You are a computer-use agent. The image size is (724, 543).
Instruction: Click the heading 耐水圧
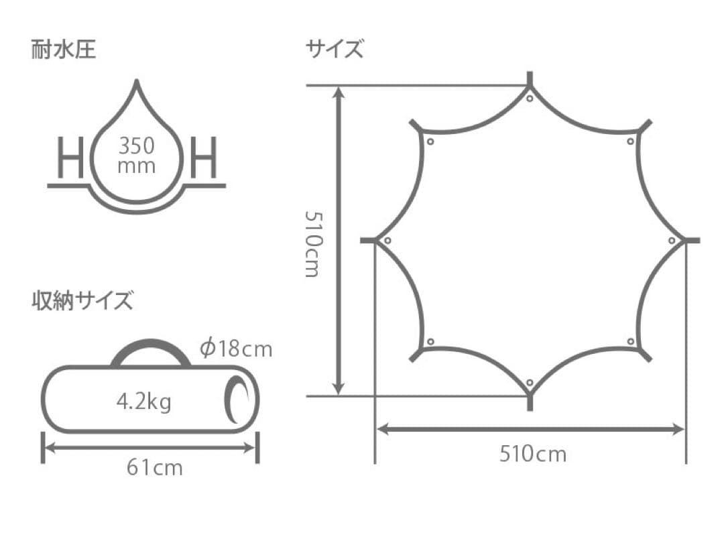click(x=64, y=50)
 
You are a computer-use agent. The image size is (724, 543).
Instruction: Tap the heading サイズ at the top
click(x=335, y=49)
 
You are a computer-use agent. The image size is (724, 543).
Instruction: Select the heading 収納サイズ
click(x=82, y=300)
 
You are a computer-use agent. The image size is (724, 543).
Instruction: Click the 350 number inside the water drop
click(x=136, y=146)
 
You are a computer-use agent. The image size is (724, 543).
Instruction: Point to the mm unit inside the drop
click(x=136, y=166)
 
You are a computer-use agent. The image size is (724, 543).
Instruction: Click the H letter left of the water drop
click(x=70, y=157)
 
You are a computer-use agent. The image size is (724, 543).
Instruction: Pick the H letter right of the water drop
click(x=204, y=157)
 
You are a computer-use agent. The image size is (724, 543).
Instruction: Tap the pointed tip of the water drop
click(x=136, y=81)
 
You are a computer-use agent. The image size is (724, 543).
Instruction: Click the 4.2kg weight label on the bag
click(x=143, y=402)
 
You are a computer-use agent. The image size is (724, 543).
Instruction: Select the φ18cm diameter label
click(x=236, y=349)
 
